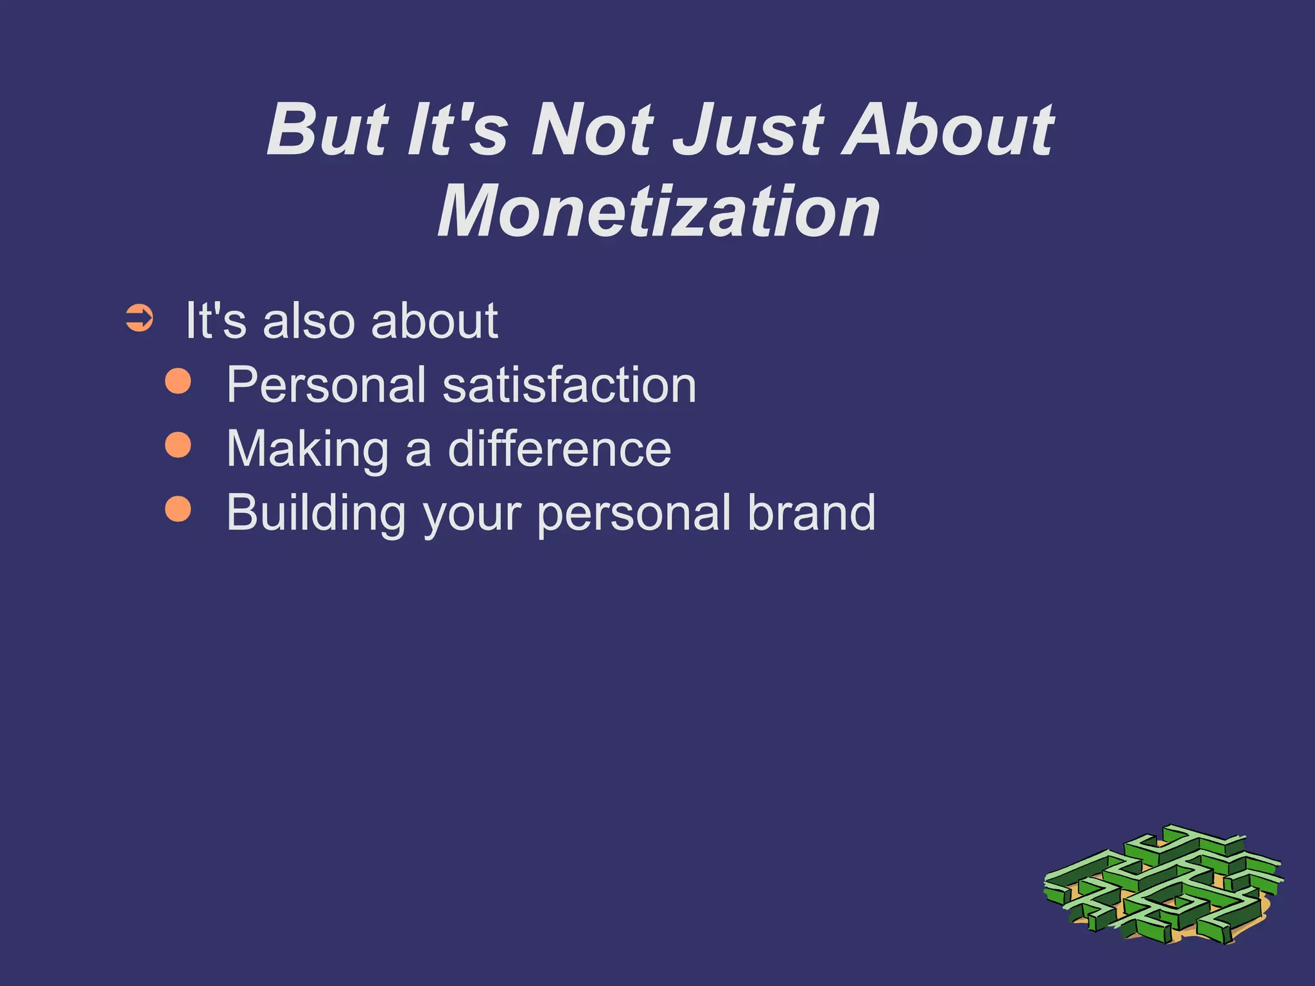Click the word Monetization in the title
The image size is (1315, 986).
click(x=659, y=212)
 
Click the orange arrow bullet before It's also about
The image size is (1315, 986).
click(x=139, y=318)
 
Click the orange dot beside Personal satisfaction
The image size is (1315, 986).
click(x=178, y=381)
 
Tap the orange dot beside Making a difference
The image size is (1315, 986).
click(x=178, y=445)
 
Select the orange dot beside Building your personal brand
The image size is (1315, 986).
click(x=178, y=508)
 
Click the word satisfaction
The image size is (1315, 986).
click(x=569, y=385)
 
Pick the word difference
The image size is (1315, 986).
click(x=559, y=449)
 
